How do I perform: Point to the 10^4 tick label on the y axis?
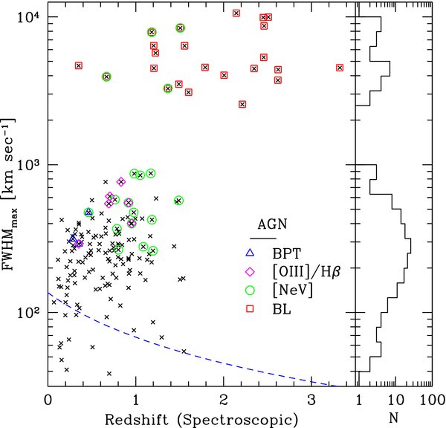(28, 16)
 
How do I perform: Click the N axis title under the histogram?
(393, 419)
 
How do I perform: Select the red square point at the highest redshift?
(340, 68)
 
